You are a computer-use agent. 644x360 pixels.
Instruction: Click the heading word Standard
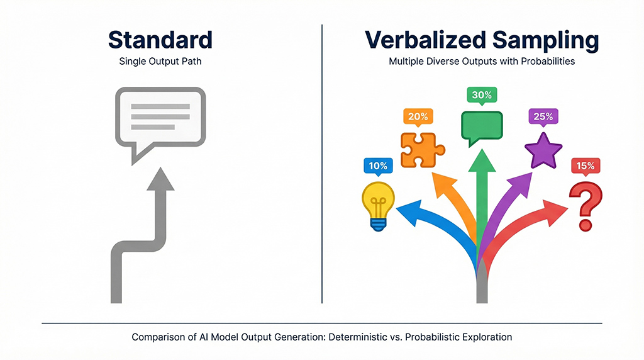pos(160,39)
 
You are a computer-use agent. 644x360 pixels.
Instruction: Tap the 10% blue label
pos(378,166)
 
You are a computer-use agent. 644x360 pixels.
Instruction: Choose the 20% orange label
pos(417,116)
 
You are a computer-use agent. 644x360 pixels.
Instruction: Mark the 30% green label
pos(482,95)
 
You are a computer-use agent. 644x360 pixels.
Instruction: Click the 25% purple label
pos(543,116)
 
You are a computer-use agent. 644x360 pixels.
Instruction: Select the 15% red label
pos(586,166)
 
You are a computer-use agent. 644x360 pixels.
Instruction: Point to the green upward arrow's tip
pos(482,155)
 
